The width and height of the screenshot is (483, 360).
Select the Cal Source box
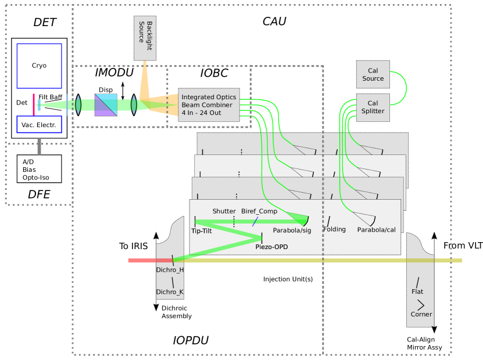(x=373, y=75)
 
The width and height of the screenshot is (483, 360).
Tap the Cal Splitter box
(x=373, y=107)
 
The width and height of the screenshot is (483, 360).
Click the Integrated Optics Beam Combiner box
(x=208, y=105)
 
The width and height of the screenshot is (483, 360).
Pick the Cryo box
(x=39, y=66)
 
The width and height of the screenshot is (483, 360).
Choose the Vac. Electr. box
(x=39, y=125)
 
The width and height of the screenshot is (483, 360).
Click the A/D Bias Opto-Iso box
(x=39, y=169)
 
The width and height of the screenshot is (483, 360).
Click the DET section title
(x=45, y=23)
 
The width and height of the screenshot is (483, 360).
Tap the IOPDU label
(x=191, y=340)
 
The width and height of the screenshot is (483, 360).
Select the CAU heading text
(x=274, y=21)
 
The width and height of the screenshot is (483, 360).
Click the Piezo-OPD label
(x=271, y=247)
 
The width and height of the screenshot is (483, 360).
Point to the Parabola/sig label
(x=292, y=231)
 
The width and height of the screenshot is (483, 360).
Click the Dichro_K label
(x=170, y=292)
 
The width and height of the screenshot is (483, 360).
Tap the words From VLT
(x=463, y=246)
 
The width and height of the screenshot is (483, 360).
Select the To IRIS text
(x=134, y=246)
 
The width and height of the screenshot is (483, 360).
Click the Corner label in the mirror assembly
(x=421, y=314)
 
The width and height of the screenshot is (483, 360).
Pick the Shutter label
(x=224, y=211)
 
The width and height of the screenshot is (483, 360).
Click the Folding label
(x=334, y=229)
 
